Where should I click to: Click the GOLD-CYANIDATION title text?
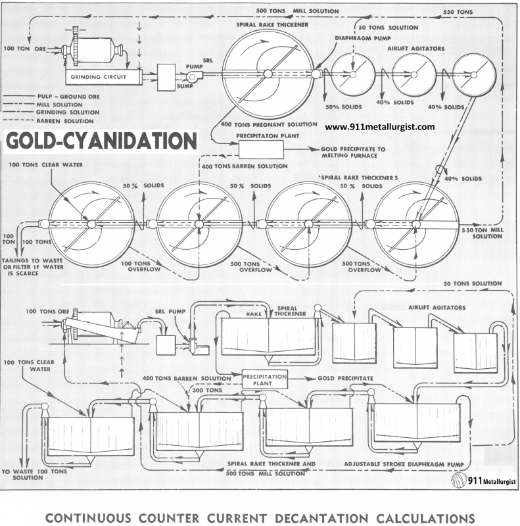(101, 142)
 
